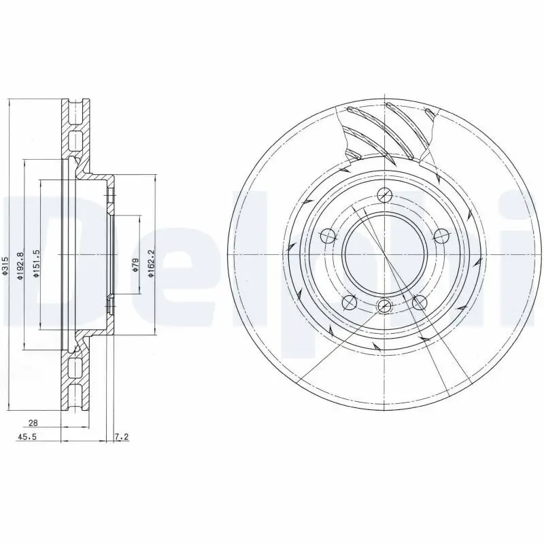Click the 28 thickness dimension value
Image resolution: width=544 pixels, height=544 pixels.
[33, 422]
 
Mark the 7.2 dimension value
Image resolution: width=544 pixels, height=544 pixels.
[122, 437]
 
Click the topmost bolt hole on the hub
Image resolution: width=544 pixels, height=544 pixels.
[385, 194]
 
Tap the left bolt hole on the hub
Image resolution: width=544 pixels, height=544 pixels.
[328, 237]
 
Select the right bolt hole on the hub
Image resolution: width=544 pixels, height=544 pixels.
[441, 236]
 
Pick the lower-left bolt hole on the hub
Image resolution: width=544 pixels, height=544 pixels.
[350, 302]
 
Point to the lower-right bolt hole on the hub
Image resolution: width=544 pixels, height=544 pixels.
[420, 302]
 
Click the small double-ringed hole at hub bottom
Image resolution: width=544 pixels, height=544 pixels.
[385, 305]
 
